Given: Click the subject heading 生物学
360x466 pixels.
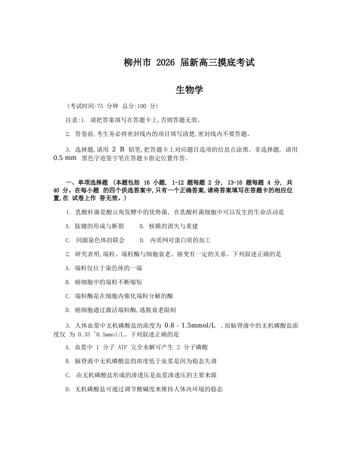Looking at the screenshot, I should (189, 90).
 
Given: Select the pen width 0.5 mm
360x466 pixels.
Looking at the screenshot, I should (65, 158).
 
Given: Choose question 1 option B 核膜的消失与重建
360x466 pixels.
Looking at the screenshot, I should (169, 226).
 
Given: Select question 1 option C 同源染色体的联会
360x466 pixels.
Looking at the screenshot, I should (95, 240).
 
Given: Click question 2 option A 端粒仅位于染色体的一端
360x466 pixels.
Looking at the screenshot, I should (104, 268).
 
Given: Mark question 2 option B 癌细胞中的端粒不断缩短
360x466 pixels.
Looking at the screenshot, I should (104, 282).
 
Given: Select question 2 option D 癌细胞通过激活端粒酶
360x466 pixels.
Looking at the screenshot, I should (121, 310).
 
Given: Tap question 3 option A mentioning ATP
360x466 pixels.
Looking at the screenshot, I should (136, 347).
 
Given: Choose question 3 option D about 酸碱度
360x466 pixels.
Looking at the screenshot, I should (144, 389).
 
